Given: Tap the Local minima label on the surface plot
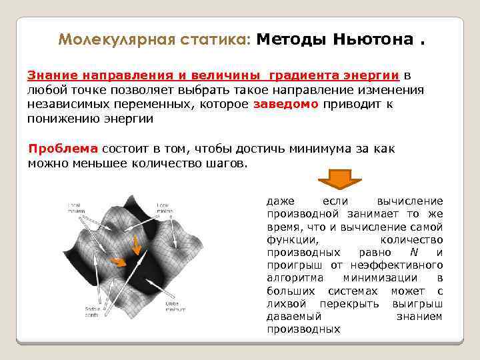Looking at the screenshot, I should tap(163, 207).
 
